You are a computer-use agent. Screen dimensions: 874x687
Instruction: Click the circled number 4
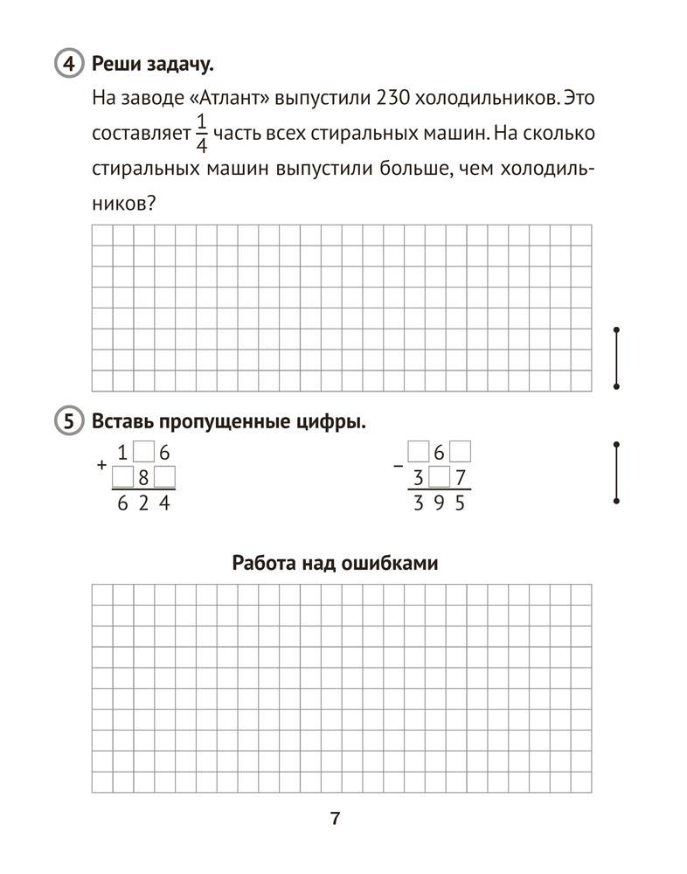coord(66,65)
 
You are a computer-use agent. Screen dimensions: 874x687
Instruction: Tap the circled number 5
coord(66,422)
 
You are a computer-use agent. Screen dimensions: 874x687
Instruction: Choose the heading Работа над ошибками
coord(335,563)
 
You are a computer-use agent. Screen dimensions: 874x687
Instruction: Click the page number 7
coord(335,819)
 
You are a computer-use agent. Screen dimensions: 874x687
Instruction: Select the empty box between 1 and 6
coord(144,453)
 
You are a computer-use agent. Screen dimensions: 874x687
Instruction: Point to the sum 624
coord(144,504)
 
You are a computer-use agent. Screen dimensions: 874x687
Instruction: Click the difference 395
coord(441,504)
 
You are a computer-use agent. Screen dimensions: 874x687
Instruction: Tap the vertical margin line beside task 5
coord(617,472)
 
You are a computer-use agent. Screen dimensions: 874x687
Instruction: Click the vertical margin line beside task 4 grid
coord(617,357)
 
